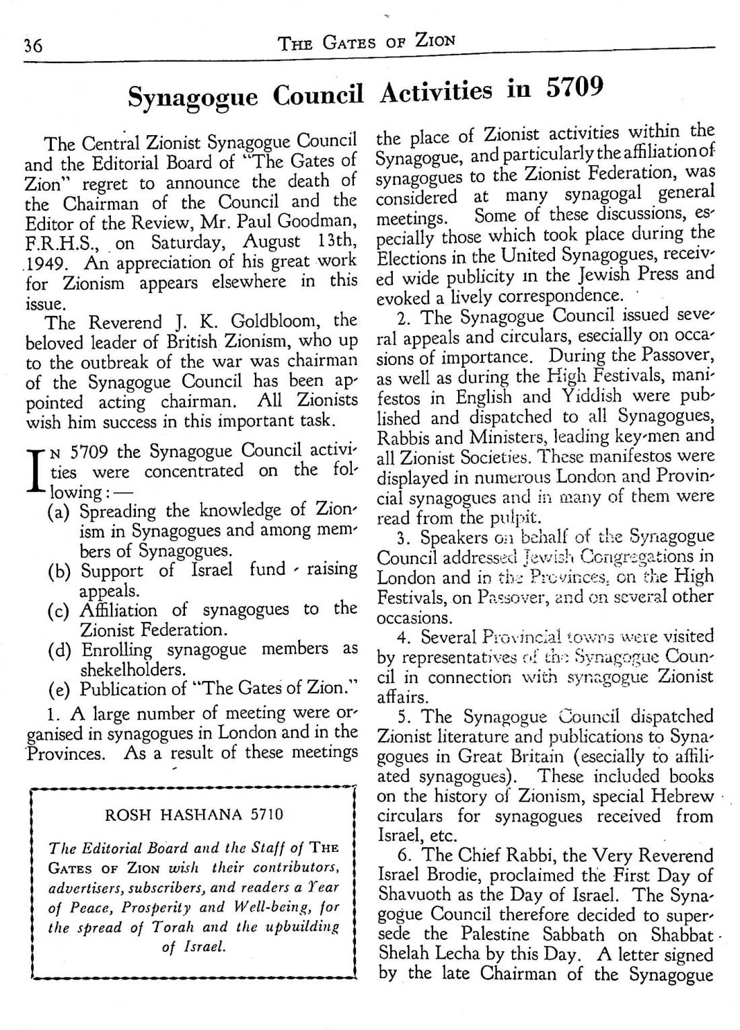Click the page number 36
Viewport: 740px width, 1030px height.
(33, 46)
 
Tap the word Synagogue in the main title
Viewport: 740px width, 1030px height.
(193, 98)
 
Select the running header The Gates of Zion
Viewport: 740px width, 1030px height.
(367, 42)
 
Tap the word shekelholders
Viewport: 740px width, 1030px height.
(132, 670)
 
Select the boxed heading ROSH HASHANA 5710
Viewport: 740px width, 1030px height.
(194, 815)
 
